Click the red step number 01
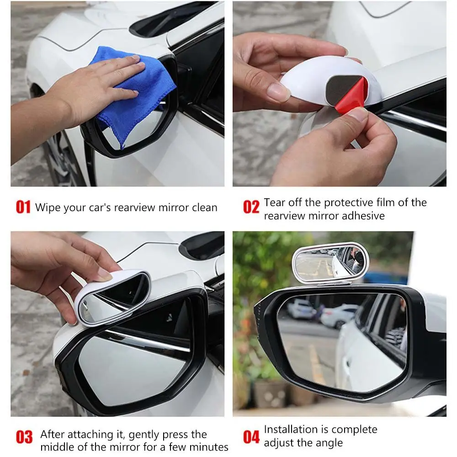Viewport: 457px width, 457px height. click(23, 207)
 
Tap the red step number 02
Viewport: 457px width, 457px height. click(251, 207)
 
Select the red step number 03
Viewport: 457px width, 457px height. click(24, 437)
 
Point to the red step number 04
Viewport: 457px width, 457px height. click(251, 437)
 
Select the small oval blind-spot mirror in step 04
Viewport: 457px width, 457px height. click(330, 263)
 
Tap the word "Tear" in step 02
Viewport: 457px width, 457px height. click(274, 202)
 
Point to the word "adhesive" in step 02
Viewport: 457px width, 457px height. click(363, 216)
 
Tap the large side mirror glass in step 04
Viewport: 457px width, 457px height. click(341, 341)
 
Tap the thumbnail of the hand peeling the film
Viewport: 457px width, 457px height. click(340, 94)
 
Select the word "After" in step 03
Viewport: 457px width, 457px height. click(53, 434)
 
